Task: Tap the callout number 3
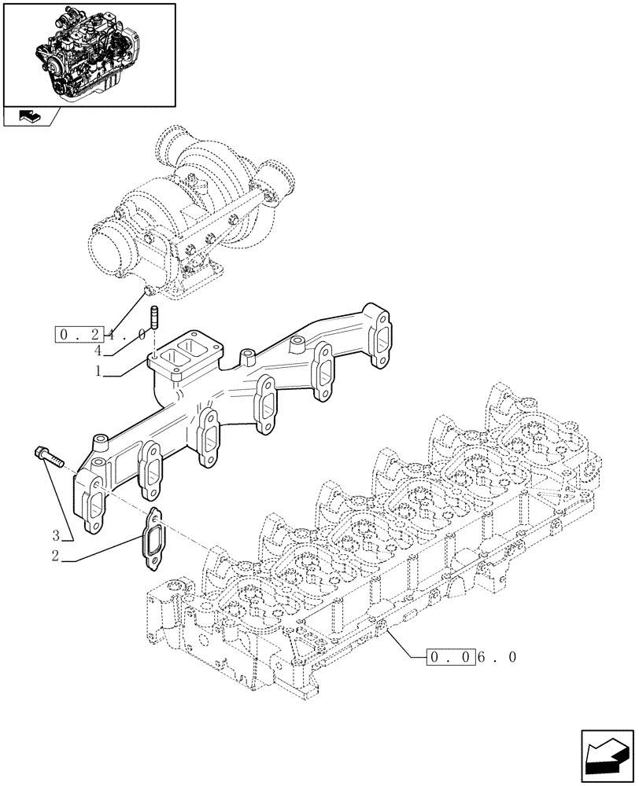[x=56, y=538]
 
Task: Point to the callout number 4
[x=98, y=351]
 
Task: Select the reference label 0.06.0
[x=471, y=657]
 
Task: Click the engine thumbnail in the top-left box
[x=88, y=53]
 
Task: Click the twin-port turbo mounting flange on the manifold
[x=183, y=358]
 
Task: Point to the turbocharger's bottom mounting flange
[x=197, y=280]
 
